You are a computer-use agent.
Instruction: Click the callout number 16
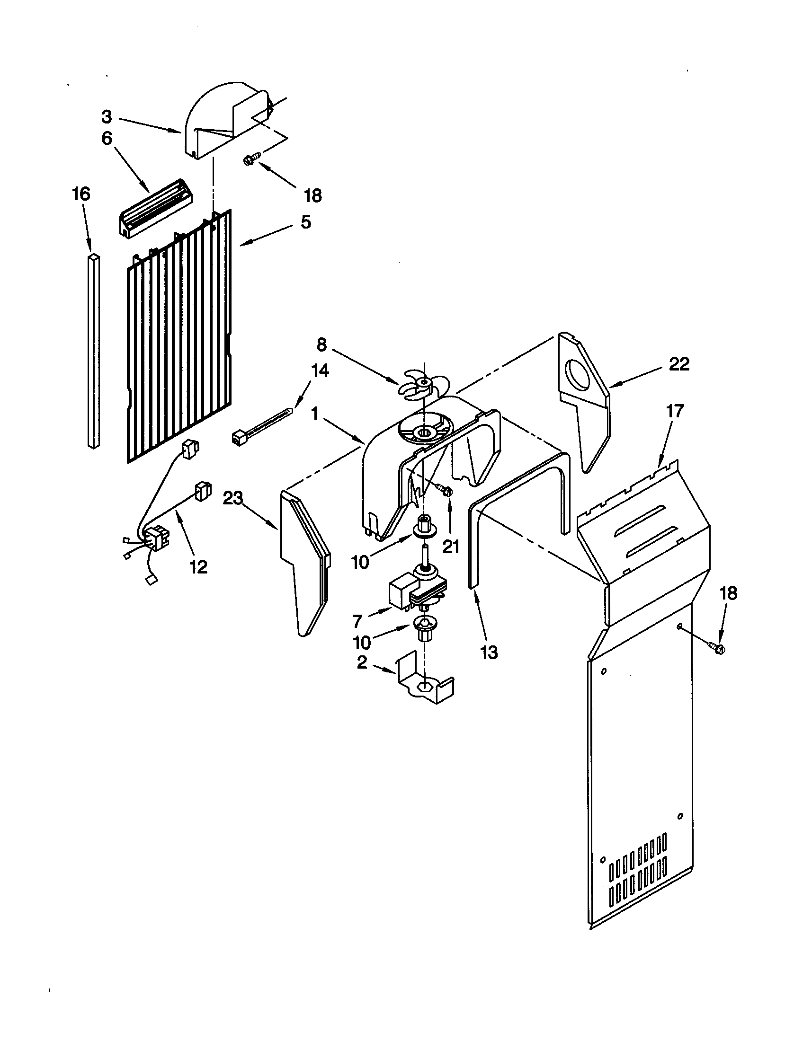(x=81, y=194)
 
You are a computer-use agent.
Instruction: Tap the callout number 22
(x=679, y=364)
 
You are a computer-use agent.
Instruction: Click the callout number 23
(x=232, y=499)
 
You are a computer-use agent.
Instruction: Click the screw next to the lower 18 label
(x=716, y=648)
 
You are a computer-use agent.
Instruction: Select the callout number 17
(x=675, y=411)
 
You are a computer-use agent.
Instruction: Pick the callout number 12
(x=198, y=567)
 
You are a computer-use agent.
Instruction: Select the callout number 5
(x=306, y=222)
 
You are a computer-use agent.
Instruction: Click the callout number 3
(x=107, y=117)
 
